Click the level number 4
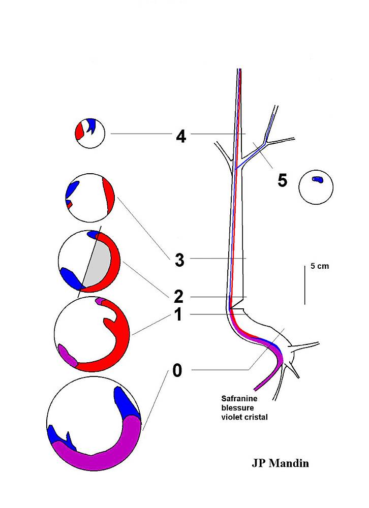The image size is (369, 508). (181, 136)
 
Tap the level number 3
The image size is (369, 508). (179, 260)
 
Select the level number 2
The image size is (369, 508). (178, 297)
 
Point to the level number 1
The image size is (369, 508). (178, 314)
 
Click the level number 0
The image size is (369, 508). (177, 370)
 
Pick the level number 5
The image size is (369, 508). (283, 180)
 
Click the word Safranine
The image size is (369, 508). (239, 398)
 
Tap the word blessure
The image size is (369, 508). (238, 407)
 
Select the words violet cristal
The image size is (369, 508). (244, 417)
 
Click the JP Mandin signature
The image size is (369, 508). (280, 463)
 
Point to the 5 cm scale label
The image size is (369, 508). (319, 266)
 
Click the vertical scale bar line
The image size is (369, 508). (305, 285)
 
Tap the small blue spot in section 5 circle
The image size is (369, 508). (317, 179)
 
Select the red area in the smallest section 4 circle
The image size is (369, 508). (79, 131)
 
